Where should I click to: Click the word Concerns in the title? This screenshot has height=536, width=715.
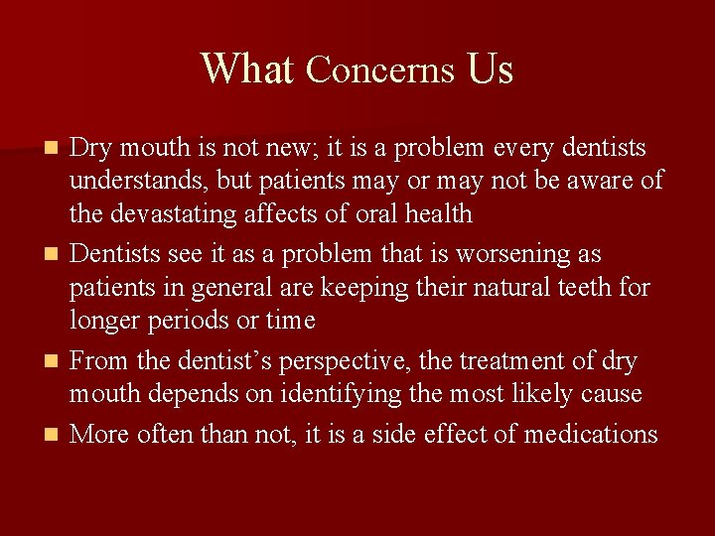pyautogui.click(x=380, y=69)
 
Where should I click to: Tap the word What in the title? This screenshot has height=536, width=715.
pyautogui.click(x=247, y=69)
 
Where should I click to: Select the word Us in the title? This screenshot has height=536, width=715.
pyautogui.click(x=490, y=69)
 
